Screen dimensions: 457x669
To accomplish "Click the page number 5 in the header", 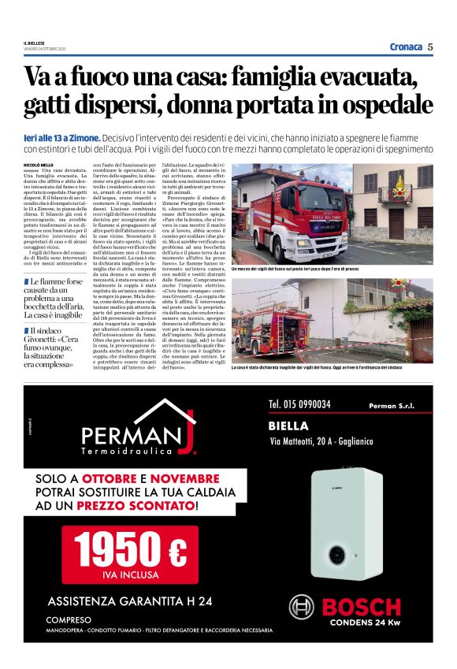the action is point(430,46).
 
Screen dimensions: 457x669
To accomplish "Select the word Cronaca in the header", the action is point(406,46).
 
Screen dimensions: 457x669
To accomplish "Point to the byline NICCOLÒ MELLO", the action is point(39,165).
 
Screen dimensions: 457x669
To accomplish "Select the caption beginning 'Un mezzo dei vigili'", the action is point(321,269).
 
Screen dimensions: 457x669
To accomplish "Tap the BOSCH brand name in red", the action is point(361,607).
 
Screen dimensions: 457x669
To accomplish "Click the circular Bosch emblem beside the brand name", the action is point(302,608).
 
